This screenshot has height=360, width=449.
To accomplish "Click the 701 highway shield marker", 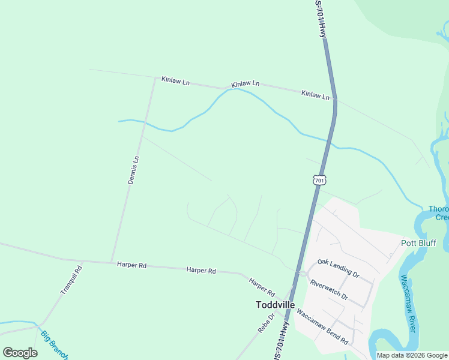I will (319, 179).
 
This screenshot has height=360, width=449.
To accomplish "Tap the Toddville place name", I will (275, 305).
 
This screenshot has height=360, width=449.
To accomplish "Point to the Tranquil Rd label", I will (71, 280).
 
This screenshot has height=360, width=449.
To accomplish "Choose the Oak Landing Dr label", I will (338, 268).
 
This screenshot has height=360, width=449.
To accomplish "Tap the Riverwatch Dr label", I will (328, 289).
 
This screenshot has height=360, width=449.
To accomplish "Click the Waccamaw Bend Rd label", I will (322, 328).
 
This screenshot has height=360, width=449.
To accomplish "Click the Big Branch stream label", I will (54, 345).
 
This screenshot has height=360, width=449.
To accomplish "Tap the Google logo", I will (20, 352).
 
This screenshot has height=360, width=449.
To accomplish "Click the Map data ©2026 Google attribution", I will (411, 355).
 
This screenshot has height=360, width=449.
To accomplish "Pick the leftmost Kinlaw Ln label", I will (175, 81).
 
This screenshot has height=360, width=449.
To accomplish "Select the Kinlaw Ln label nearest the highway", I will (316, 95).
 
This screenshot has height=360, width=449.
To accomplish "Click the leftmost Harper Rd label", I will (132, 265).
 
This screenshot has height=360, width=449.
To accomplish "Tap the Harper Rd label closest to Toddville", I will (262, 288).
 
